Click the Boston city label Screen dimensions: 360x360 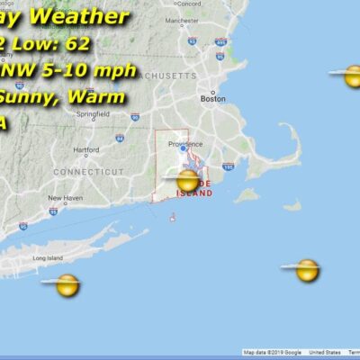(213, 99)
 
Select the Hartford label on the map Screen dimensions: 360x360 (86, 149)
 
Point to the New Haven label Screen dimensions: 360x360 (65, 198)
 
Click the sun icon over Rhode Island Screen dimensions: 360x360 (187, 181)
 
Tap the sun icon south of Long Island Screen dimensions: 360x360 (67, 285)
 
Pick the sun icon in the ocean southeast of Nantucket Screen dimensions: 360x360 (307, 269)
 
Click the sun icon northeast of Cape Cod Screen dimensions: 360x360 (351, 76)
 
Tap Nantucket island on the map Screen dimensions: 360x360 (291, 205)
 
